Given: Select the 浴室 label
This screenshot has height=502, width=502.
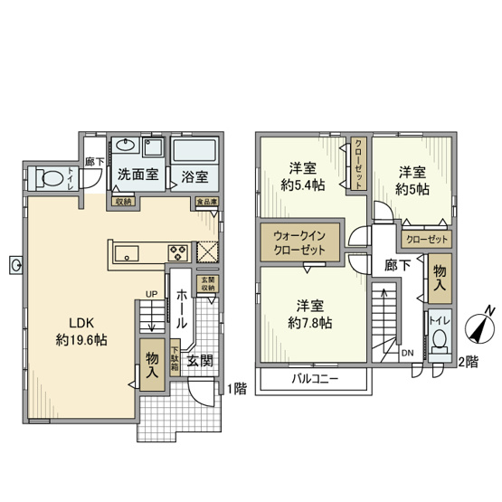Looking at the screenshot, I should click(194, 176).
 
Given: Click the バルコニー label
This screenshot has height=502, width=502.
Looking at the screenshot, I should click(314, 379).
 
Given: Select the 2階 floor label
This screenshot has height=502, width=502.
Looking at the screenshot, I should click(469, 362).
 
